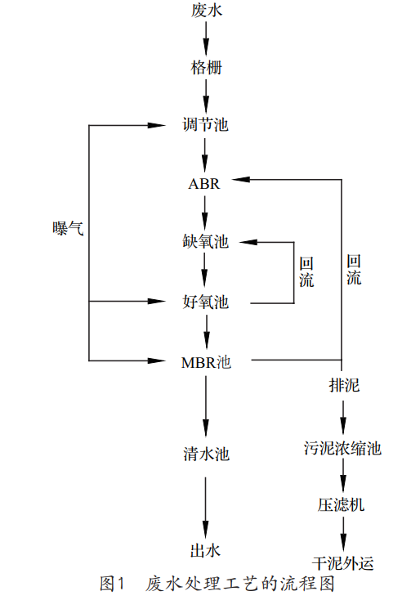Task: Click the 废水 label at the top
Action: [205, 11]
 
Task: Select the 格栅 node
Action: [205, 68]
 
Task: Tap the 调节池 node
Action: [205, 126]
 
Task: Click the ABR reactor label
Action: [204, 183]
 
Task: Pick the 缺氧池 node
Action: [205, 242]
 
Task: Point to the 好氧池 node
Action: [205, 302]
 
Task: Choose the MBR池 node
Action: [206, 360]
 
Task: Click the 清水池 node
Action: [206, 454]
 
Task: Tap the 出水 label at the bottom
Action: [205, 550]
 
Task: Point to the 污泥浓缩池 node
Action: [343, 449]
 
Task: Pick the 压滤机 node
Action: [343, 504]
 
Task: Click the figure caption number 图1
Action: [110, 584]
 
